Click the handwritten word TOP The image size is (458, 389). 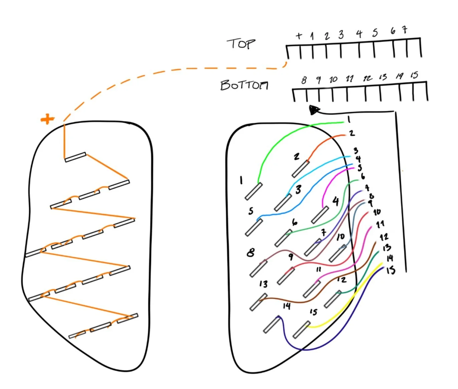(x=241, y=44)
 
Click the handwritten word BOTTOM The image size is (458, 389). (x=244, y=85)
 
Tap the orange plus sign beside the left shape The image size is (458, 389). (x=47, y=119)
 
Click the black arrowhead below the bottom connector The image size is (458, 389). (x=314, y=110)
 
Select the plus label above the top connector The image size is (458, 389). (x=299, y=35)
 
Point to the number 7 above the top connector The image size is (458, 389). (x=405, y=30)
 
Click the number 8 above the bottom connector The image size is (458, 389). (x=304, y=80)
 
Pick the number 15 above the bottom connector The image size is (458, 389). (x=414, y=75)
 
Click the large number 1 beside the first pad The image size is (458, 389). (x=241, y=180)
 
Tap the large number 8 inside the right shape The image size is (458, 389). (x=251, y=253)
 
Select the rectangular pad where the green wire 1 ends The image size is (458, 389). (x=254, y=191)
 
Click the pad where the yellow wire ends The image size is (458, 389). (x=301, y=330)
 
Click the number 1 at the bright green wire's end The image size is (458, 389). (x=349, y=119)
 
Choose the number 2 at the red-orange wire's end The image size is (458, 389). (x=352, y=133)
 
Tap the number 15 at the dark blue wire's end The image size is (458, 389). (x=391, y=270)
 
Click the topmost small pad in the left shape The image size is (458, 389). (x=75, y=157)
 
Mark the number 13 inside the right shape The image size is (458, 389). (x=263, y=284)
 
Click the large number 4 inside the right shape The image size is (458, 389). (x=336, y=201)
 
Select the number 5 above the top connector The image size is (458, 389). (x=375, y=33)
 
